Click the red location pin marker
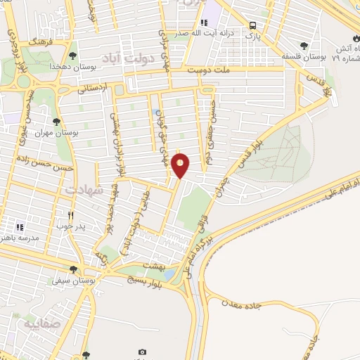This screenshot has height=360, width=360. [x=181, y=166]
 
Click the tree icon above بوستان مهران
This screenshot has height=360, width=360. [x=56, y=122]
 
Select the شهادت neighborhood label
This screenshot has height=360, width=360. [x=84, y=191]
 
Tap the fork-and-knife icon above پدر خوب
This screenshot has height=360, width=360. [x=70, y=214]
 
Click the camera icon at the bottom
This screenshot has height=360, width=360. [x=143, y=352]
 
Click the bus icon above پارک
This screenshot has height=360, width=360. [x=252, y=26]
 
